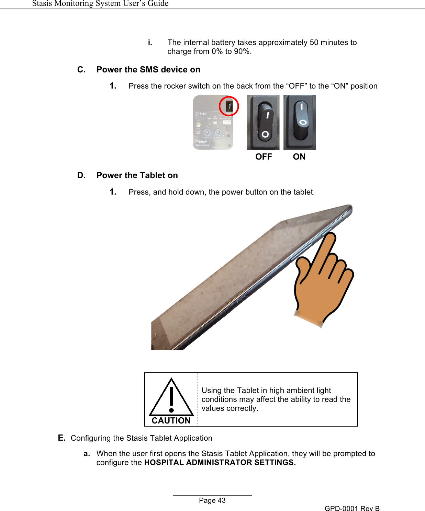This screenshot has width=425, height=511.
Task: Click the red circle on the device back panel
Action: pos(229,106)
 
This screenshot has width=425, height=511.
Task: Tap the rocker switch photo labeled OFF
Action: pos(263,123)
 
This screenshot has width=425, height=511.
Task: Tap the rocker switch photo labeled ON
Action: pos(300,123)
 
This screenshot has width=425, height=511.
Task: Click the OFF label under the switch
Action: pos(264,157)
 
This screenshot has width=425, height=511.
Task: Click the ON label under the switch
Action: pos(299,157)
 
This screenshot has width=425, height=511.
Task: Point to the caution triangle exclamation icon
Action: pos(171,398)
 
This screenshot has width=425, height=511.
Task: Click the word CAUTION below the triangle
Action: pos(171,421)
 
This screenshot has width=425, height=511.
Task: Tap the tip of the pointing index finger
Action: pos(331,236)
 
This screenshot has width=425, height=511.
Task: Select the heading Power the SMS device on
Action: pos(148,70)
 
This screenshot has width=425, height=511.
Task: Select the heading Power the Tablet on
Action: pos(137,175)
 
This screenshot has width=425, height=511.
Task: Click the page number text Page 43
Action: pos(212,500)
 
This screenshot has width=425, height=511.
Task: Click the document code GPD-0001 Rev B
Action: pos(352,508)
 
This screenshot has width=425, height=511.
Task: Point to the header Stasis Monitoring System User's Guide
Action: pos(100,3)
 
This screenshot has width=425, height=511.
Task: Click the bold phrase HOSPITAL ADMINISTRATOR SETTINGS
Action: pos(220,463)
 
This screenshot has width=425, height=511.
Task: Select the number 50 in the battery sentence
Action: pos(314,43)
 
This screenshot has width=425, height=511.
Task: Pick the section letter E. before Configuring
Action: pos(62,438)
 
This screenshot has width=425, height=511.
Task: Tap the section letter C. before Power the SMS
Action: pos(81,70)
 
